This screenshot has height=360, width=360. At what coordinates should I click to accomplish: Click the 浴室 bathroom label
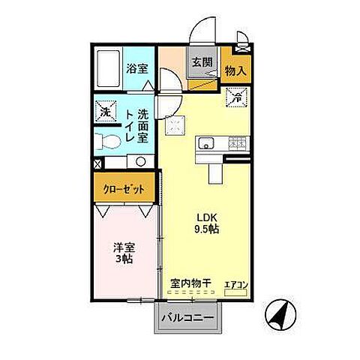(136, 68)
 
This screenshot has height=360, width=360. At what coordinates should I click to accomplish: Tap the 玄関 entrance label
(200, 63)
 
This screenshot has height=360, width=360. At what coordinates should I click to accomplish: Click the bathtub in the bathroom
(109, 70)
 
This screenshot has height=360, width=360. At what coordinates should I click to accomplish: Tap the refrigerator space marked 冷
(235, 95)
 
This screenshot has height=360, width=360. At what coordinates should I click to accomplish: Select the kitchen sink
(206, 144)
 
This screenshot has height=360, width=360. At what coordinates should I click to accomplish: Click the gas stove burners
(237, 143)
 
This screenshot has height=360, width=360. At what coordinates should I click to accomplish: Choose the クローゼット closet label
(124, 190)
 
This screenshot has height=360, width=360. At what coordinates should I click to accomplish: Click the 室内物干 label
(190, 283)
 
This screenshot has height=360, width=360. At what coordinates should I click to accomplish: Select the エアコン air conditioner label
(236, 283)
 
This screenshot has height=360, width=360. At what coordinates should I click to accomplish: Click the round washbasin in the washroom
(139, 161)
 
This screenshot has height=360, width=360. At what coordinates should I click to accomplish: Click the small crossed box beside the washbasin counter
(97, 162)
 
